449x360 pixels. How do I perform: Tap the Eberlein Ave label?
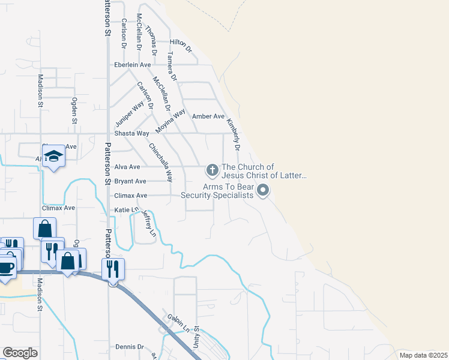pos(133,65)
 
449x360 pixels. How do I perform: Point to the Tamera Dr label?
pos(172,66)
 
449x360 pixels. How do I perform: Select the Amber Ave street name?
pos(208,116)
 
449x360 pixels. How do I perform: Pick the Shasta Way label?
pos(131,133)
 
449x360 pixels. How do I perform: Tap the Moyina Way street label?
pos(170,121)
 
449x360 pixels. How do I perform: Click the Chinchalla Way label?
pos(161,162)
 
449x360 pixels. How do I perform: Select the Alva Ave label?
pos(127,167)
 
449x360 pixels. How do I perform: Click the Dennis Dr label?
pos(130,347)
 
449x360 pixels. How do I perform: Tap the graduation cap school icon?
pos(54,157)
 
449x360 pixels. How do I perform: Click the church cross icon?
pos(211,171)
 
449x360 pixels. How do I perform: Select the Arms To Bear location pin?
pos(263,191)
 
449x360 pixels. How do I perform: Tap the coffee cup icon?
pos(6,267)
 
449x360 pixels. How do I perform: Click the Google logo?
pos(20,353)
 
